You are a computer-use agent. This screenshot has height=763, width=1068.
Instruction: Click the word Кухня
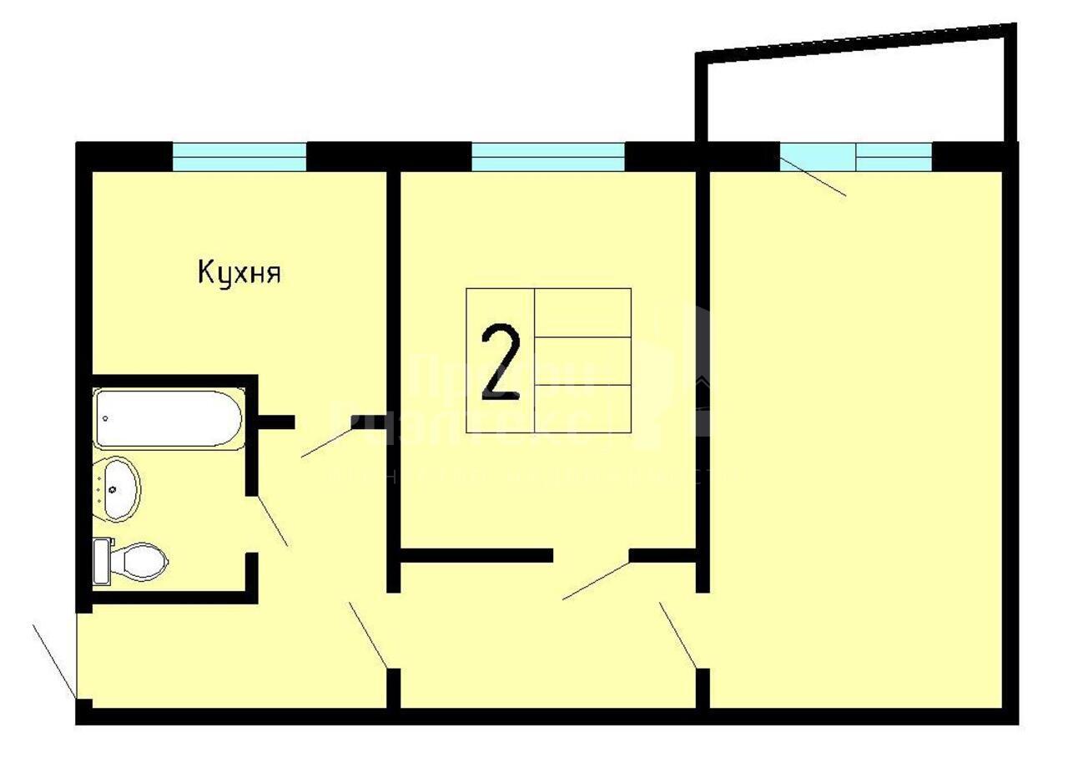(239, 272)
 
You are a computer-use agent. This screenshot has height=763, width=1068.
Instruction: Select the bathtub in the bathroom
(169, 418)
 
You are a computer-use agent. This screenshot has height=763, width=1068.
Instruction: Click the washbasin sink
(118, 488)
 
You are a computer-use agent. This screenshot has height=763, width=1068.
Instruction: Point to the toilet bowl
(141, 561)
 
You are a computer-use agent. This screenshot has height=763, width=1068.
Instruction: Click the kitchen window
(239, 157)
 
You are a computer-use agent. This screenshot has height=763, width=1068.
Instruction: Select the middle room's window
(547, 157)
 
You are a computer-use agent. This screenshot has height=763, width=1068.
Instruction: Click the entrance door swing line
(53, 659)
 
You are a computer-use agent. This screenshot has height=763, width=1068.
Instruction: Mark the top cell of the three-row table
(582, 312)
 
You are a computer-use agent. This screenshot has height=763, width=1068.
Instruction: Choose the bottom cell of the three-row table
(582, 409)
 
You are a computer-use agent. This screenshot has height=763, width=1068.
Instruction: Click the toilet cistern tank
(102, 561)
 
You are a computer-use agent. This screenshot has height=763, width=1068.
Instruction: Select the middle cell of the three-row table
(582, 361)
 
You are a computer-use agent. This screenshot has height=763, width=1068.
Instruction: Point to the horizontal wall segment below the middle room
(476, 555)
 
